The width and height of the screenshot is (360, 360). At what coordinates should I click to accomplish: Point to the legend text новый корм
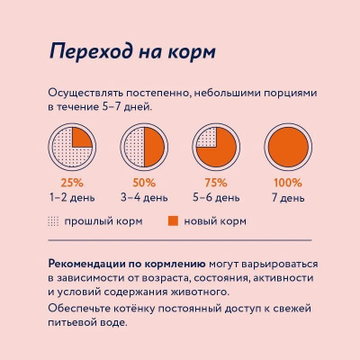coord(215,220)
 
